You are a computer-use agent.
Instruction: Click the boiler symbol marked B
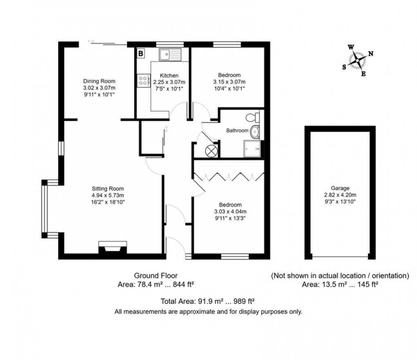point(140,53)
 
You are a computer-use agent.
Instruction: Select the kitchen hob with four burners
point(143,80)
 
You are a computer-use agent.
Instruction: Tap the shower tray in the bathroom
point(252,149)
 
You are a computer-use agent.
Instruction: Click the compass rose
point(359,61)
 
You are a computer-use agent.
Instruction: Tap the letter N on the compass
point(371,54)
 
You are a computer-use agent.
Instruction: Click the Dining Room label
point(99,81)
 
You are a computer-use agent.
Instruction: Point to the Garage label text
point(340,188)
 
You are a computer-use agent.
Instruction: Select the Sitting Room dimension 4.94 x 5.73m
point(108,195)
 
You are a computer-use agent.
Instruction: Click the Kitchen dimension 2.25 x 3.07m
point(169,82)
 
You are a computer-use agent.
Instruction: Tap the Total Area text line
point(208,302)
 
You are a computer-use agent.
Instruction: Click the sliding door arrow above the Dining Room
point(91,41)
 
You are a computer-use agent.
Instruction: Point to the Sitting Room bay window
point(44,208)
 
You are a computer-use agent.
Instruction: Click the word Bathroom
point(238,131)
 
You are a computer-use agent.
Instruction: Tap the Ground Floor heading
point(156,275)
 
